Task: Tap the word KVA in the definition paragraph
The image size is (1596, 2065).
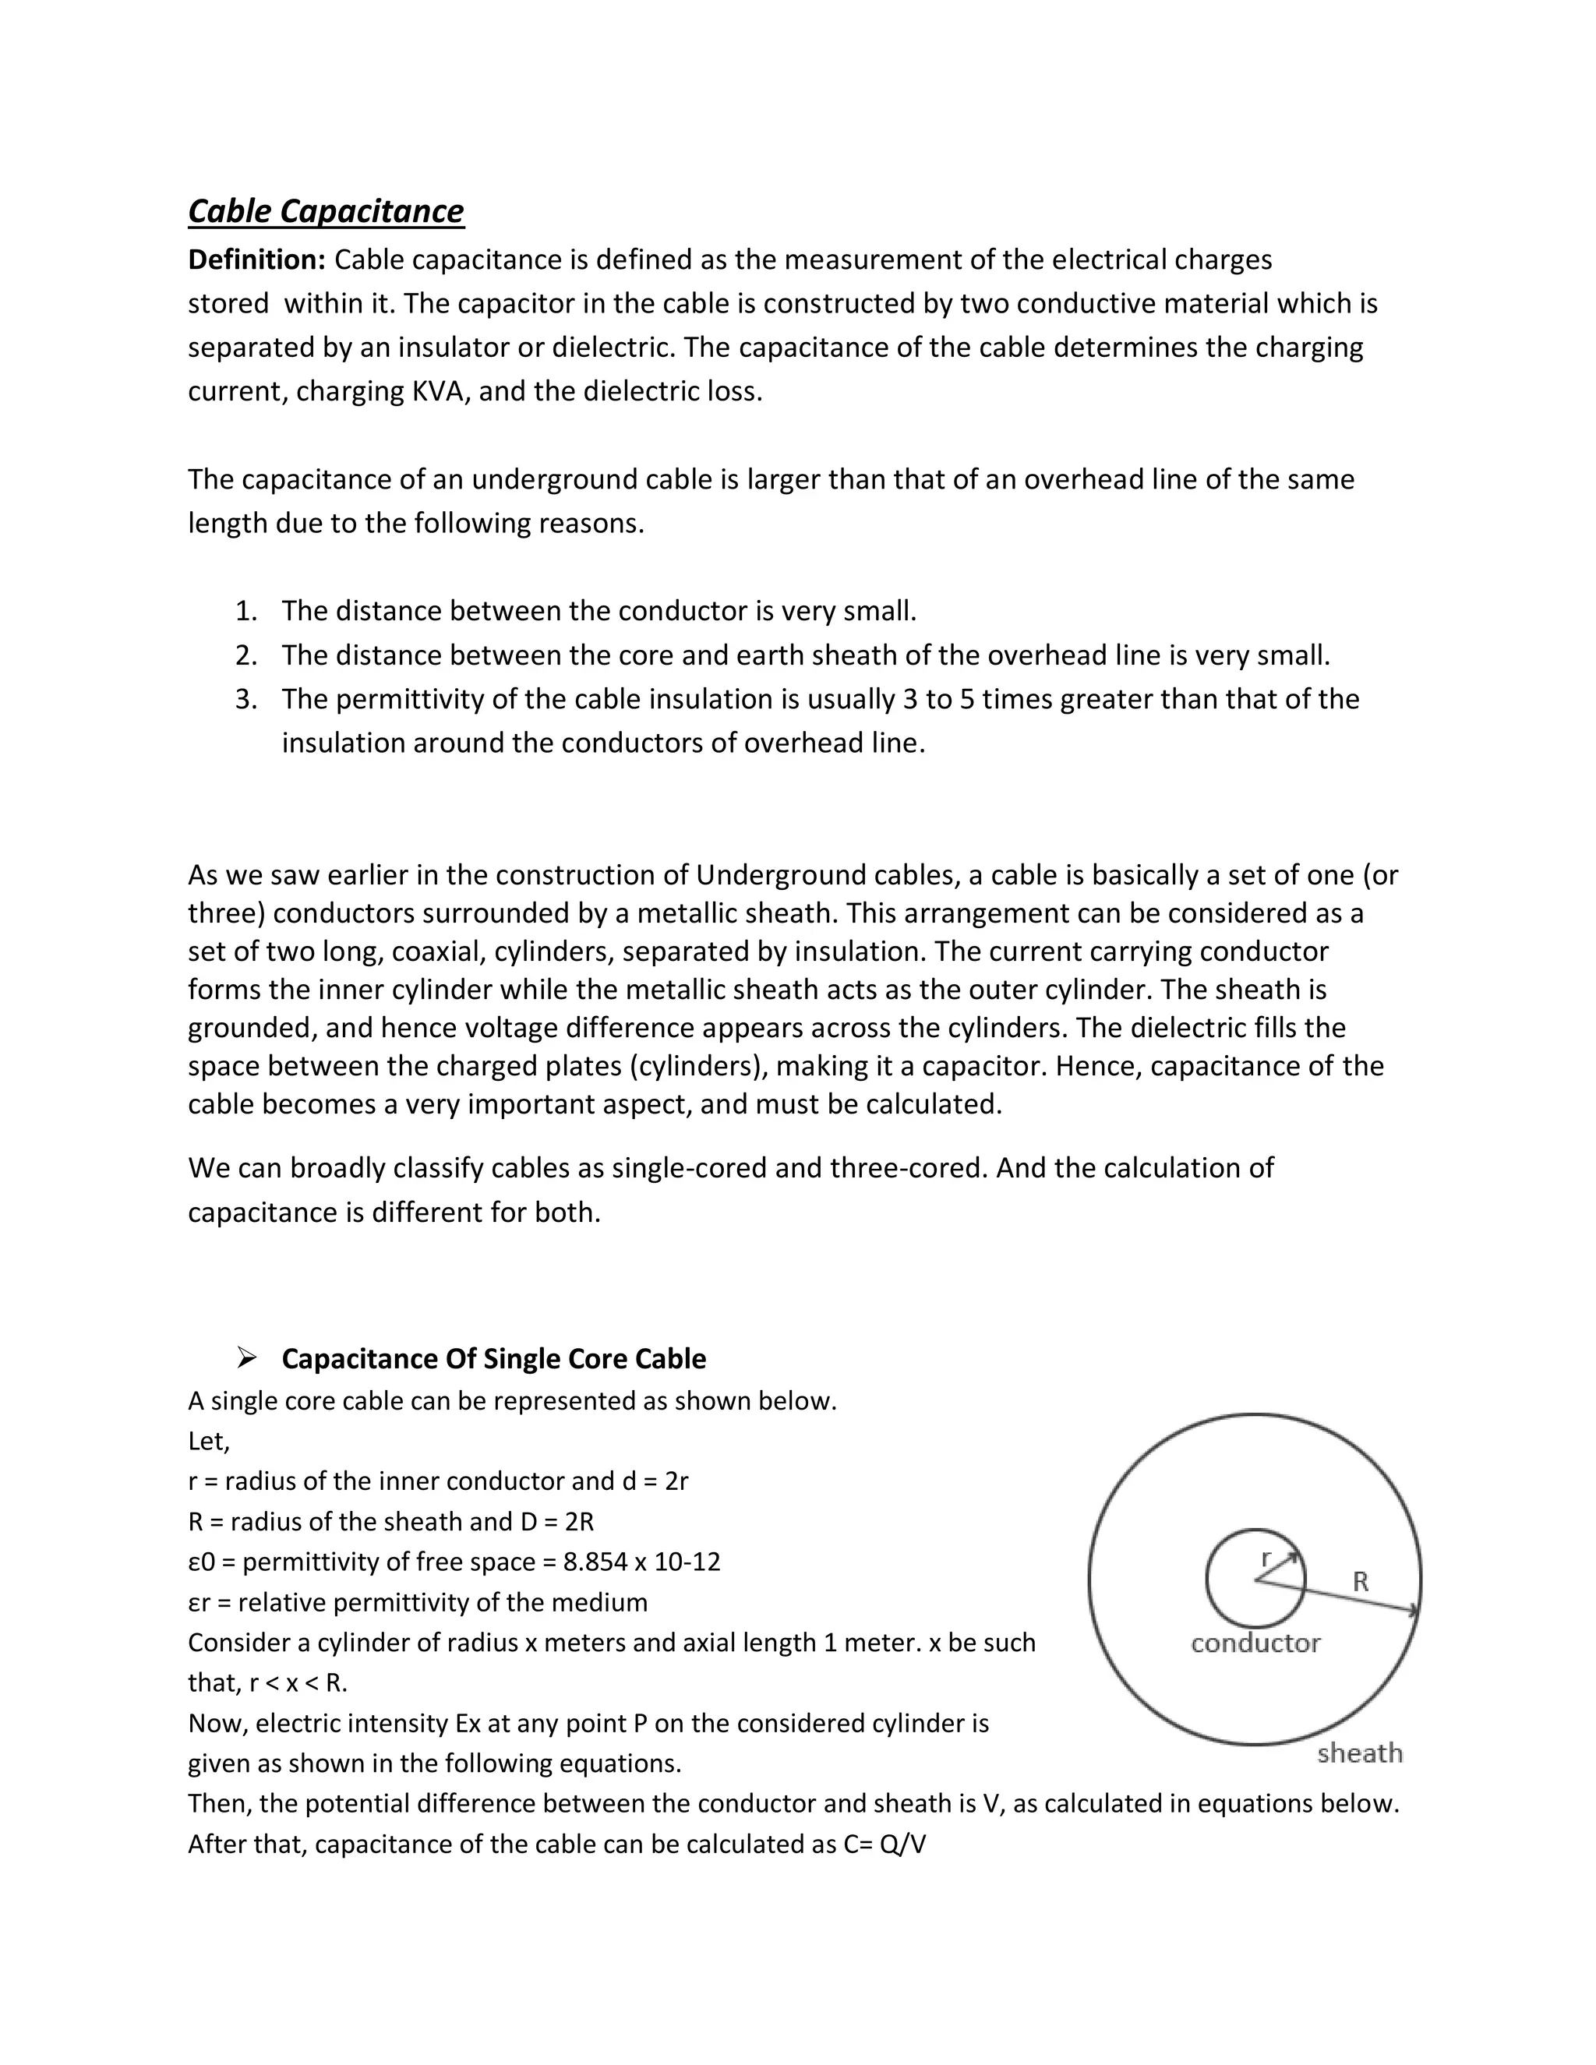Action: pyautogui.click(x=440, y=391)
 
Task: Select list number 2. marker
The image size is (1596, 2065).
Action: pyautogui.click(x=245, y=655)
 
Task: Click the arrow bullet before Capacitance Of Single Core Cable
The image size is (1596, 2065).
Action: pyautogui.click(x=247, y=1359)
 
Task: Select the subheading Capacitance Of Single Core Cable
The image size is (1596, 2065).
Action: pyautogui.click(x=493, y=1359)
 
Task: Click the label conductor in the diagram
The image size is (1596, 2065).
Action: pyautogui.click(x=1255, y=1643)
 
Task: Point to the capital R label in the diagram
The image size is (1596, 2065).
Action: pyautogui.click(x=1361, y=1581)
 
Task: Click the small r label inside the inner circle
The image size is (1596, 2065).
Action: pyautogui.click(x=1267, y=1556)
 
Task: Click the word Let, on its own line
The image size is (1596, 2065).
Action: pyautogui.click(x=209, y=1441)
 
